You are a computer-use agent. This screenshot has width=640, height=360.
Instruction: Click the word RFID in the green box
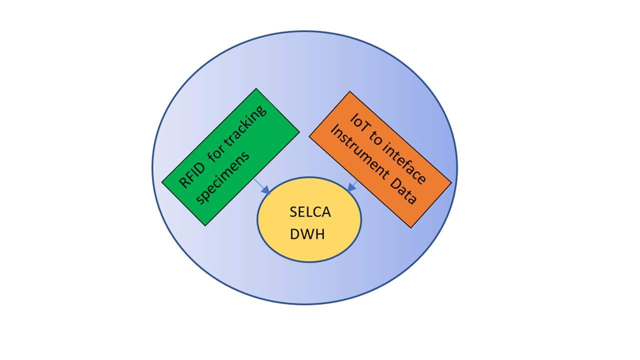coord(191,171)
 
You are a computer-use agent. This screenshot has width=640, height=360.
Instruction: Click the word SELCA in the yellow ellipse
coord(310,212)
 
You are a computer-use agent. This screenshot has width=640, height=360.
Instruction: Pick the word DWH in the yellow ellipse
coord(307,233)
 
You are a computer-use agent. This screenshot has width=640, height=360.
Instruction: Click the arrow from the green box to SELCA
coord(261,186)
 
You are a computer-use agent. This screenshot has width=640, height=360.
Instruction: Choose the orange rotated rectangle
coord(380,159)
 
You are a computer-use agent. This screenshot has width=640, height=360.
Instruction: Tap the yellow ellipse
coord(309,245)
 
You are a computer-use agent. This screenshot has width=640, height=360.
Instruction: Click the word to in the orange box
coord(375,138)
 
